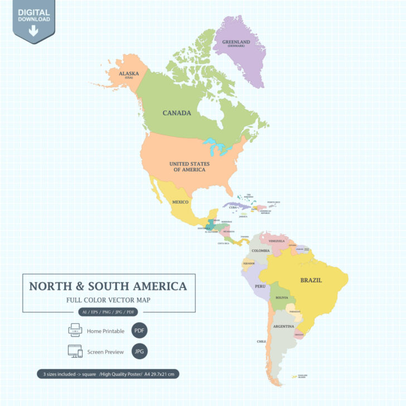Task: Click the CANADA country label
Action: (x=177, y=113)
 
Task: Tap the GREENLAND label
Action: (x=236, y=42)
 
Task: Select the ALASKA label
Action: (x=129, y=73)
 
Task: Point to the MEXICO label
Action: (x=180, y=201)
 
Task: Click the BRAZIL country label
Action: (x=311, y=280)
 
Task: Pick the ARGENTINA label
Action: (x=283, y=326)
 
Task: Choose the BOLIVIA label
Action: (x=281, y=298)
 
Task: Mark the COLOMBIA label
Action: (x=260, y=251)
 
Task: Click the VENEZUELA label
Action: (x=277, y=241)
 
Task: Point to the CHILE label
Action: (x=261, y=341)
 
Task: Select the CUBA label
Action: (x=233, y=207)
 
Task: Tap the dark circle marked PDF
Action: (x=139, y=331)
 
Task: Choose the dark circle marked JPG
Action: (x=139, y=352)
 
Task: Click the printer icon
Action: (x=75, y=331)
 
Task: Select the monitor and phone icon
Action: (x=75, y=352)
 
